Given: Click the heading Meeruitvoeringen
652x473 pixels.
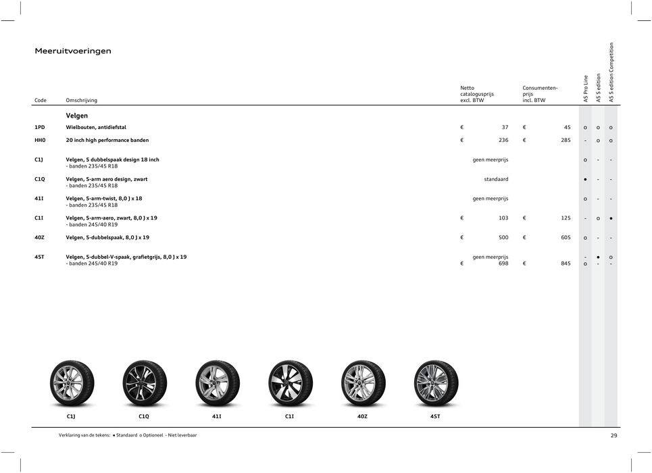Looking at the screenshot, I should click(x=73, y=51).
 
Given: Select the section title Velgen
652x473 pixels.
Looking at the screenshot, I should click(x=76, y=116).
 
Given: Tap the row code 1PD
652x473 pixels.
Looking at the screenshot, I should click(x=41, y=127).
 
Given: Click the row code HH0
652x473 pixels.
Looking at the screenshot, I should click(x=41, y=141).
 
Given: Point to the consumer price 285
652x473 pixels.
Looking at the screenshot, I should click(x=565, y=141).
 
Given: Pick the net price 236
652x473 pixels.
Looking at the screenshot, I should click(x=503, y=141).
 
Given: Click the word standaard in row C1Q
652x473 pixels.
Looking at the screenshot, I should click(x=496, y=179).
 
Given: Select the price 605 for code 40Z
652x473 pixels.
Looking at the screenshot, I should click(x=565, y=237).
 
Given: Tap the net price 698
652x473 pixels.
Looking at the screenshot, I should click(x=503, y=264).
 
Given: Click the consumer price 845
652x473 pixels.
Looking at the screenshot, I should click(x=565, y=264).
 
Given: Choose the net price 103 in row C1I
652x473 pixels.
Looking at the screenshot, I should click(x=503, y=218).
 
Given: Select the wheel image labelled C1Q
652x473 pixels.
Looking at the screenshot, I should click(x=144, y=383).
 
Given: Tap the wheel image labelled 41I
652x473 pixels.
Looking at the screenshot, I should click(x=217, y=383).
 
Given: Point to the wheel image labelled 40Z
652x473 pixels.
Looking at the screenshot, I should click(x=363, y=383).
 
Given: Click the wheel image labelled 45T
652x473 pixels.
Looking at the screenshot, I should click(x=435, y=383).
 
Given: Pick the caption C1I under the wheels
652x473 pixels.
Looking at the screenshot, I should click(x=290, y=417).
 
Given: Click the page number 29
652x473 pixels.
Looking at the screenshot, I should click(x=613, y=436).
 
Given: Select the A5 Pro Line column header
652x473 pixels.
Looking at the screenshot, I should click(x=586, y=88).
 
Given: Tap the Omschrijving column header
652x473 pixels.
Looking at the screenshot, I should click(x=81, y=101).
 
